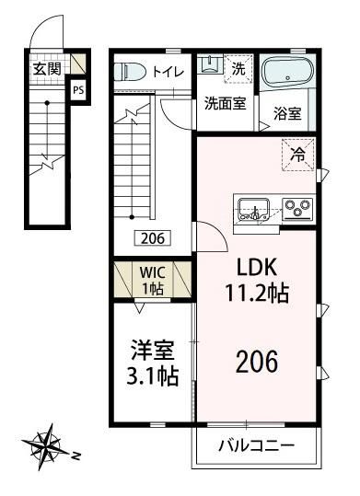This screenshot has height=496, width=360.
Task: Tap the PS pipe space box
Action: pos(80,91)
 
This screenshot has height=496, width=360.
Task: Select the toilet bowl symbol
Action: pos(130,71)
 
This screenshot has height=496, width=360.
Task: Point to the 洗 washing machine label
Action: pos(238,67)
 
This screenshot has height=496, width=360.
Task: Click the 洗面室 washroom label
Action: pos(224,103)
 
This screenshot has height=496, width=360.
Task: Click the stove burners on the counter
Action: pos(296,208)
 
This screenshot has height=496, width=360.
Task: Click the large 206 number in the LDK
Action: pos(257,362)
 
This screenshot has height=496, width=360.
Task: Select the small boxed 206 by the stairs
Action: pos(153,237)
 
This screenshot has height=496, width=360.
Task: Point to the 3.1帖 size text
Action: pos(147,375)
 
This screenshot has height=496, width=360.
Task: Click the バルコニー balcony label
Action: pos(256,447)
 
